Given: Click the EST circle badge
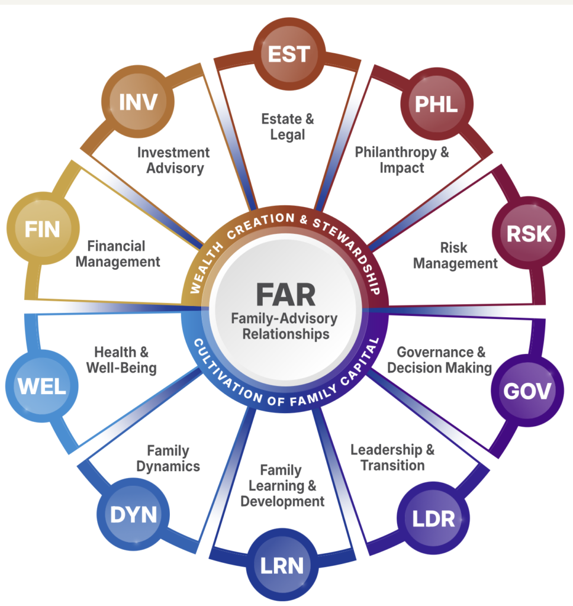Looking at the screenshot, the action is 289,54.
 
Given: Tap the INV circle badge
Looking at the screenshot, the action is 138,102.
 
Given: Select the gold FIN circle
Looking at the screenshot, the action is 43,228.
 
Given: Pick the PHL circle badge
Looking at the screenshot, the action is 436,104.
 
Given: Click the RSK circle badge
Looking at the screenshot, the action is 529,233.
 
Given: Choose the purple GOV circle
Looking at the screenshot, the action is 527,391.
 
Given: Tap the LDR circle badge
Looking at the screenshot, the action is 433,518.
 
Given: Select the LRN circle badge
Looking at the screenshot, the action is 282,565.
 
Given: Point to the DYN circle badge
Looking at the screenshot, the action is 133,514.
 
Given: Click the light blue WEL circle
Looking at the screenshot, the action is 42,386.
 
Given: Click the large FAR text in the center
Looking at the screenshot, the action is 286,295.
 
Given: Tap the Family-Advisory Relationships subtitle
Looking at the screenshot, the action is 285,326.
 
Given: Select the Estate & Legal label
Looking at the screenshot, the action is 288,127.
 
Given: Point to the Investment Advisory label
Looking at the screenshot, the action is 174,160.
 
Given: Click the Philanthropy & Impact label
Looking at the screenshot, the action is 402,160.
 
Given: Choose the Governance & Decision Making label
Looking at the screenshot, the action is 440,360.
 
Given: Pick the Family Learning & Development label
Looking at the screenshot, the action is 282,486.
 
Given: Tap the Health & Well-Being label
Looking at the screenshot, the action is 121,360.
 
